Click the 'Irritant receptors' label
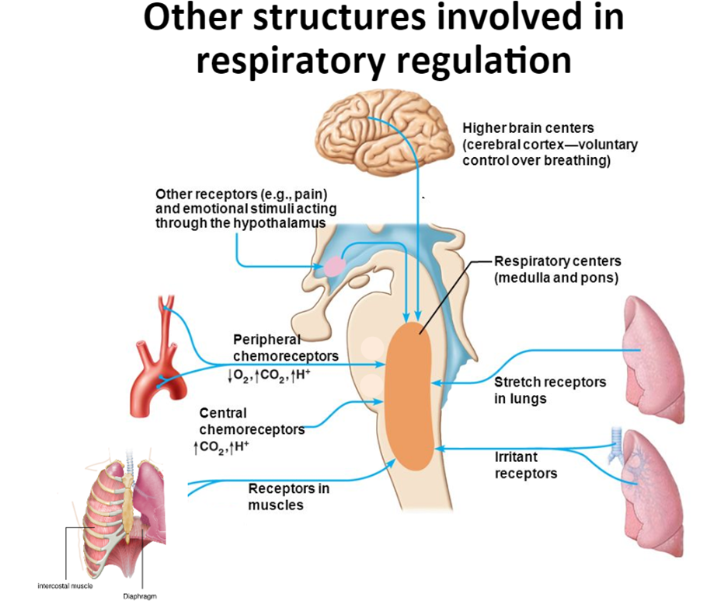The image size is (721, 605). pyautogui.click(x=526, y=464)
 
